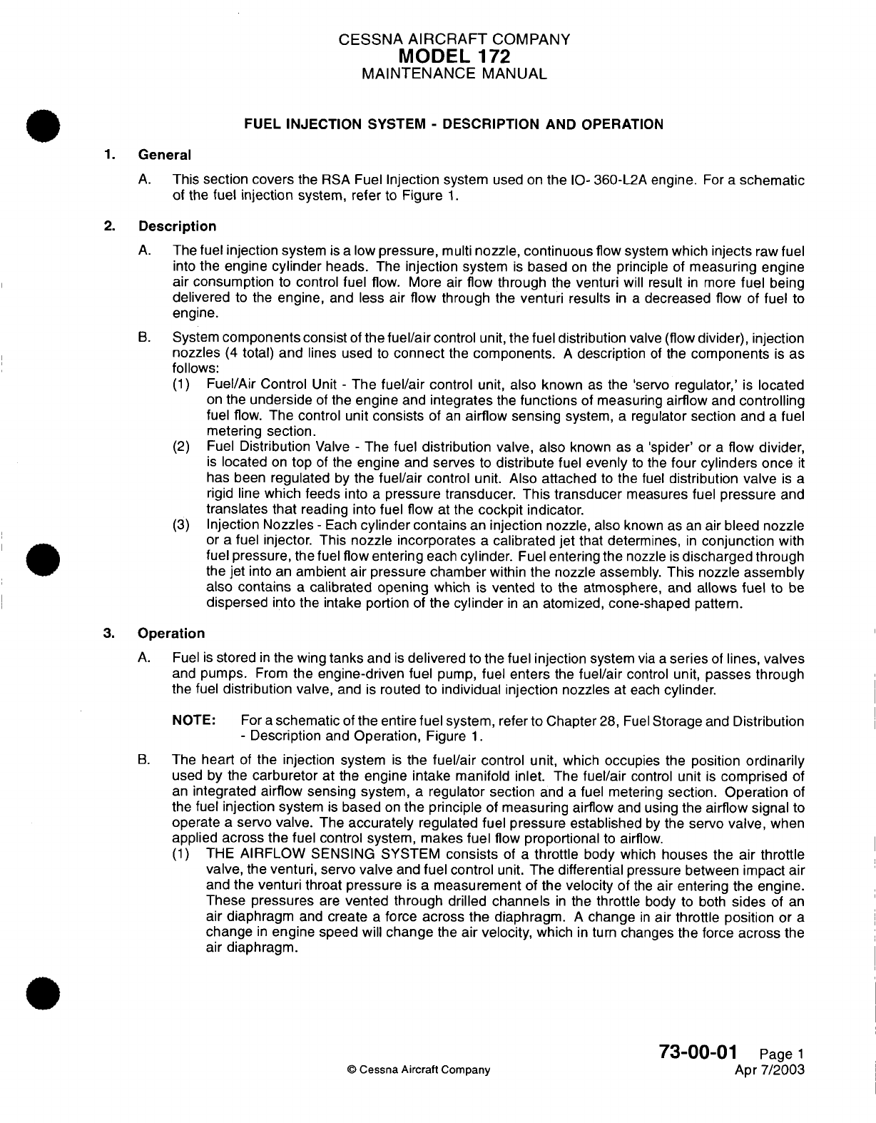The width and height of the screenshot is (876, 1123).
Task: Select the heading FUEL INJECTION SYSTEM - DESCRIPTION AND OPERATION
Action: [x=454, y=124]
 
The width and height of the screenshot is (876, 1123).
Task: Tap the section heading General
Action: [x=164, y=155]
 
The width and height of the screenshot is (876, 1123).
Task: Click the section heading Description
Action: [x=177, y=226]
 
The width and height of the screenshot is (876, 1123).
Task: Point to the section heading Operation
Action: [x=171, y=633]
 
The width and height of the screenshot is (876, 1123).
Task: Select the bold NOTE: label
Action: [x=195, y=721]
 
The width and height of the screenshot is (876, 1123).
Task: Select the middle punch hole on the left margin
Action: [x=44, y=557]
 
